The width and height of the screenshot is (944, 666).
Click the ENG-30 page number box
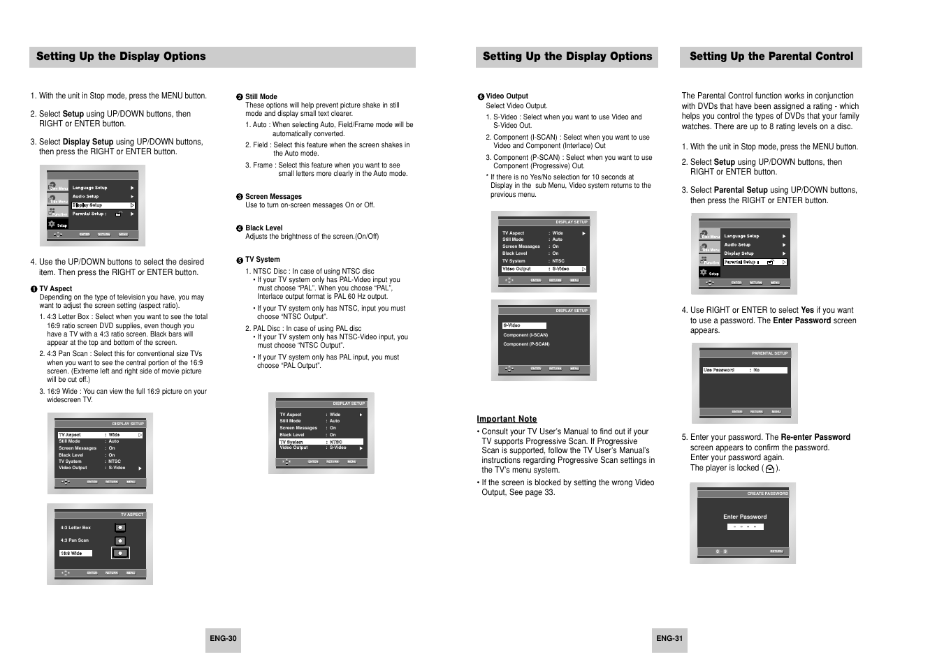coord(223,638)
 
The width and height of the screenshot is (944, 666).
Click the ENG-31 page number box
coord(669,638)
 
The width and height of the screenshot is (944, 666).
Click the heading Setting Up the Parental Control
coord(771,57)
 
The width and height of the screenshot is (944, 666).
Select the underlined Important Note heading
coord(507,419)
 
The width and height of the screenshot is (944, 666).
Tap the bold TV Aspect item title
coord(55,288)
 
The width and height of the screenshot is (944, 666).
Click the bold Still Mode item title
coord(261,96)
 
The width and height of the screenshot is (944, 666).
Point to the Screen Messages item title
coord(273,196)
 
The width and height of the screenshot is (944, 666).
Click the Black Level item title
coord(263,228)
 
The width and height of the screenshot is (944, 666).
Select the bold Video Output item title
coord(507,96)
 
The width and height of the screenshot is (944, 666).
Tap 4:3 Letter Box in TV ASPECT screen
coord(75,528)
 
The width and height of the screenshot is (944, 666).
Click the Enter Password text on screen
coord(745,517)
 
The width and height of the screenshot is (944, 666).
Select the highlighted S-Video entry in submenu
coord(523,325)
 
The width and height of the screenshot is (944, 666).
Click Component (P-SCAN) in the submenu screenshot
coord(526,343)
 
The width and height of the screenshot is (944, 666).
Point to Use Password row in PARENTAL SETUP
coord(744,370)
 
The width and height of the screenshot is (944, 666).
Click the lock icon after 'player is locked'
coord(769,469)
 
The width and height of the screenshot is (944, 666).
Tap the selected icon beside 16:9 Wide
coord(120,553)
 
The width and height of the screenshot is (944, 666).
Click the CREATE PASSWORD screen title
coord(767,494)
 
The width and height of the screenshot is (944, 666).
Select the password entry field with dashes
coord(745,526)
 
